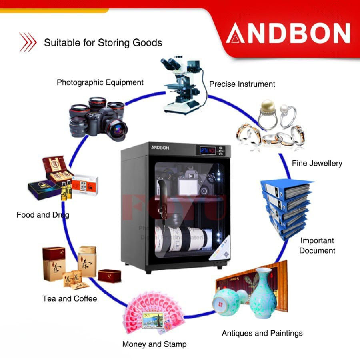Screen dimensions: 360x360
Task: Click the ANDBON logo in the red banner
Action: (x=288, y=33)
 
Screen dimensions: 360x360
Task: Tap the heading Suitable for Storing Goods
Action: (x=103, y=42)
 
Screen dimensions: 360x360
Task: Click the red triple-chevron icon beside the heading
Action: (x=28, y=42)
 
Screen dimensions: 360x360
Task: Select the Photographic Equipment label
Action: (x=100, y=82)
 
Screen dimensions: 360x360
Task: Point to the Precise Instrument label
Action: (x=242, y=84)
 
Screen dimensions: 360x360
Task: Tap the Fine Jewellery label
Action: (x=317, y=163)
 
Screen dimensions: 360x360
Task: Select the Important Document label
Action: (x=318, y=246)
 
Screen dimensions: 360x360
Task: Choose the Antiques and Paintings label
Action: (x=262, y=333)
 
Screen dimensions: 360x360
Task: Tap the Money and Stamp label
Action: (x=154, y=344)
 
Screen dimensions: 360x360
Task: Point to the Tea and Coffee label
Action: (x=70, y=298)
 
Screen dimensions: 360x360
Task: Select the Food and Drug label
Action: (x=43, y=215)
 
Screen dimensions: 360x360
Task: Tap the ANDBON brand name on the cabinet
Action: (x=160, y=148)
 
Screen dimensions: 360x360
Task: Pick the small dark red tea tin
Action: (x=109, y=276)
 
